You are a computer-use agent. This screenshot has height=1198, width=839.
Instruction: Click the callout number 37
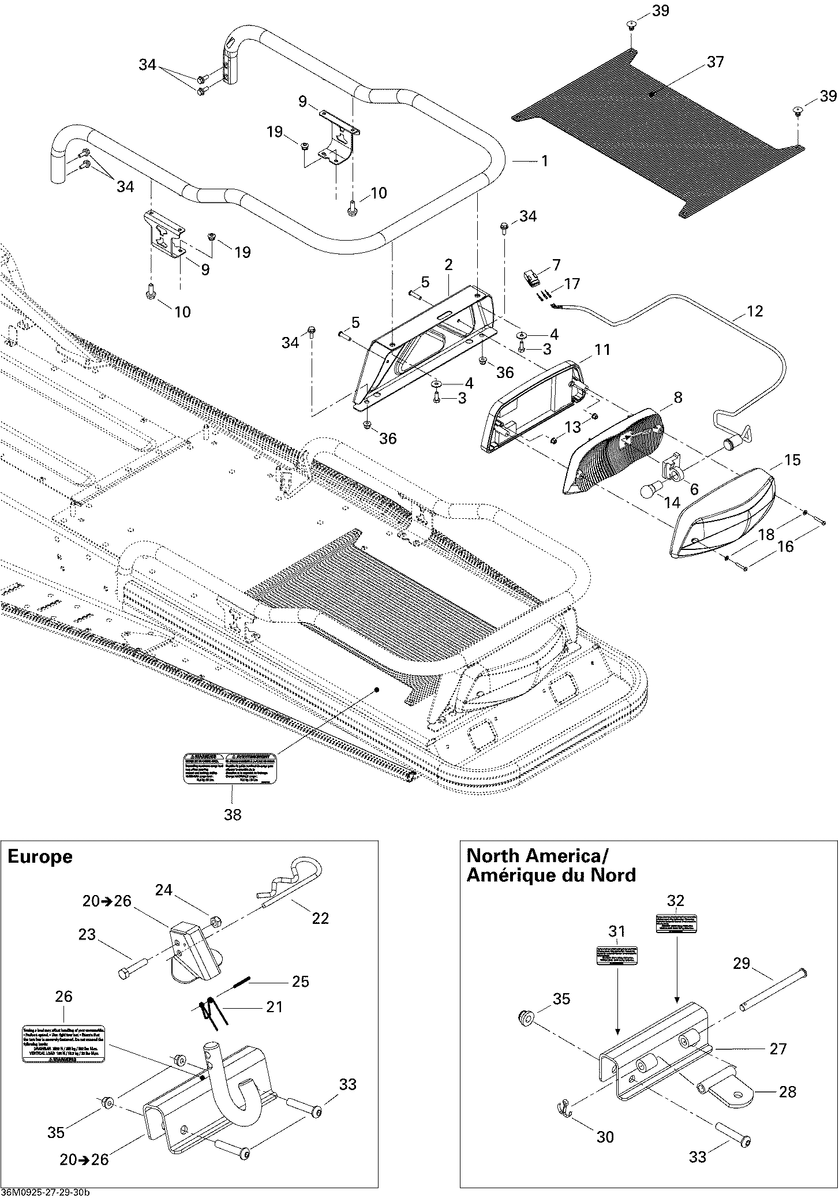tap(715, 62)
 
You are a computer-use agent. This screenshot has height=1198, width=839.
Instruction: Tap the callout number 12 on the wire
tap(754, 312)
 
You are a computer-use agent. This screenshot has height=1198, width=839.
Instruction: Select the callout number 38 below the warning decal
tap(233, 814)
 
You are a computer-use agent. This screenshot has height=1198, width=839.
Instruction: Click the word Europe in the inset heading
tap(40, 857)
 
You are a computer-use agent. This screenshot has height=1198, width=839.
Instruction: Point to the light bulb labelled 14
tap(649, 491)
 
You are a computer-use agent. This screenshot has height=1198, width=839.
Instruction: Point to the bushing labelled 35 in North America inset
tap(526, 1019)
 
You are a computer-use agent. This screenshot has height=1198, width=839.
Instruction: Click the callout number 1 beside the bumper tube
tap(544, 161)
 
